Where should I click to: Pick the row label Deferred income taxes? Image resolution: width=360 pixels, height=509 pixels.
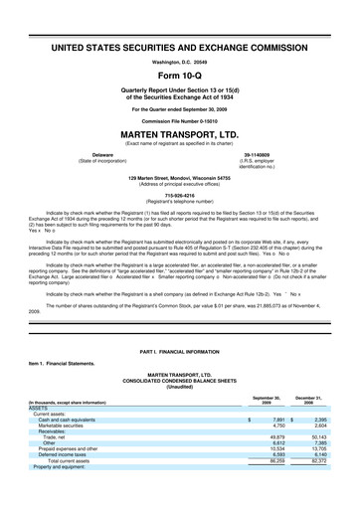pos(67,456)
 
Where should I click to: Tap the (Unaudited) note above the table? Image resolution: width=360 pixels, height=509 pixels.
pos(180,387)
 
